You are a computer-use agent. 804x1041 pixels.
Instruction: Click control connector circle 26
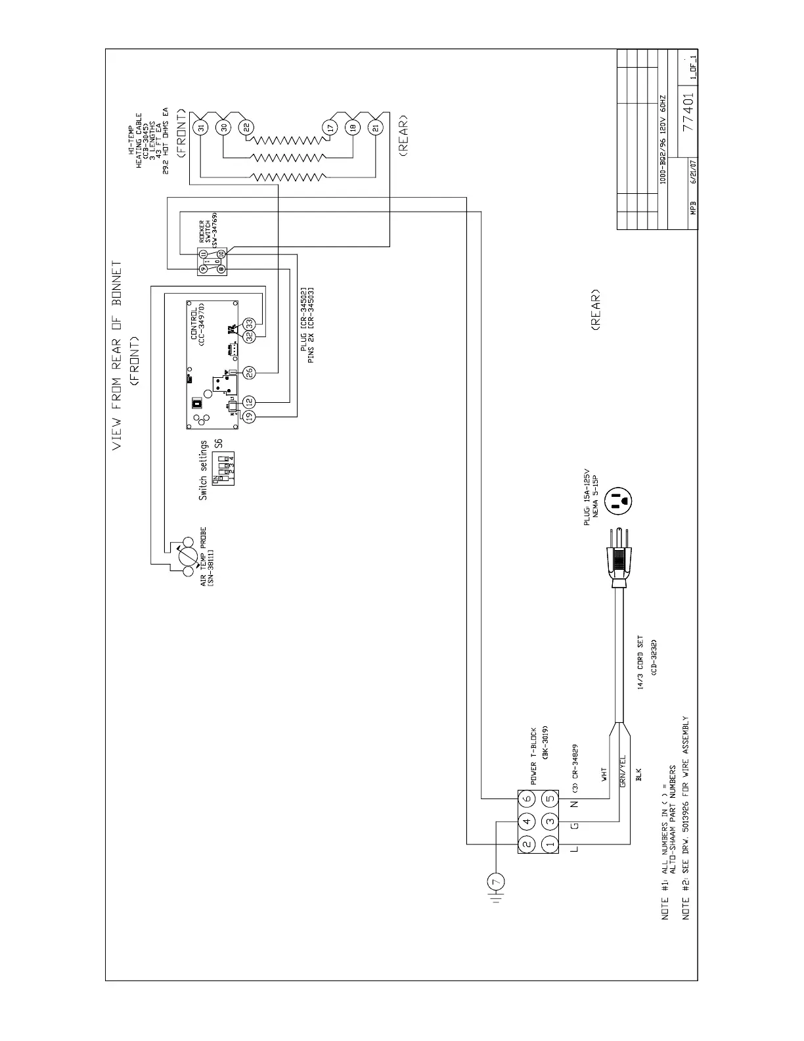point(249,373)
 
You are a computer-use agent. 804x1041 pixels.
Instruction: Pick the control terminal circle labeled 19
point(249,415)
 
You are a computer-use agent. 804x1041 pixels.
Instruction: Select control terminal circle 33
point(249,323)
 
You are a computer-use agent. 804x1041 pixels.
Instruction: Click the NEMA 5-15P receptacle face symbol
point(619,502)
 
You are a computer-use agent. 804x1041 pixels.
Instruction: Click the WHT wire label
point(604,774)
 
